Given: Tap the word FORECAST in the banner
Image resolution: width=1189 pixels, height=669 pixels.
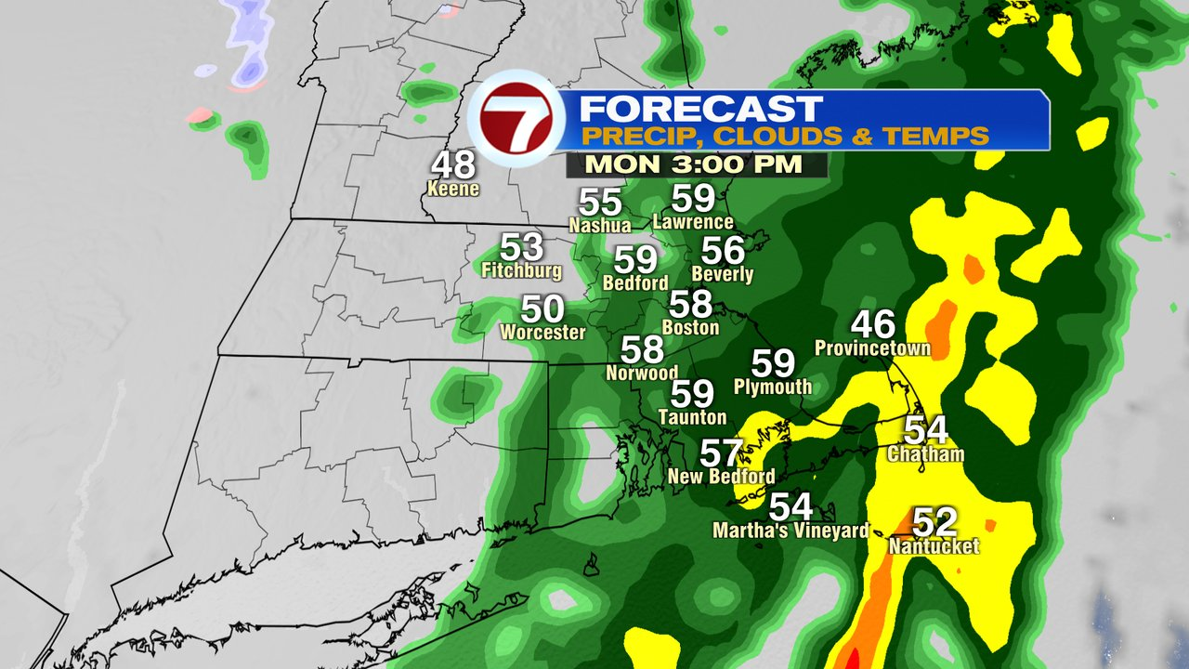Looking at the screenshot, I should (700, 108).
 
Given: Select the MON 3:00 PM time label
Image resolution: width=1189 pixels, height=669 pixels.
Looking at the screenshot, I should (695, 165).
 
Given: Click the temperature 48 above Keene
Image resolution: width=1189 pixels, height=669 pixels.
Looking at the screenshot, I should (453, 165).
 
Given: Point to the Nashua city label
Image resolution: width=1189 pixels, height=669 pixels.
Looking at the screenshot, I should (599, 225).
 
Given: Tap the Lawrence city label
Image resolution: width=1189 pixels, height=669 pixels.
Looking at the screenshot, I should (693, 222).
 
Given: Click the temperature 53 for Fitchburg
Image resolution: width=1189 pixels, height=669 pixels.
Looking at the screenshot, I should (521, 247).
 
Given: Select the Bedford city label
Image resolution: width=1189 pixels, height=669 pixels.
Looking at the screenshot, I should (635, 282).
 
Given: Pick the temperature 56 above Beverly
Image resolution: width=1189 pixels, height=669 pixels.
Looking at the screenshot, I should (724, 250).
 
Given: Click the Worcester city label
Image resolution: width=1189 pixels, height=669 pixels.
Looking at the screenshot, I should (542, 332).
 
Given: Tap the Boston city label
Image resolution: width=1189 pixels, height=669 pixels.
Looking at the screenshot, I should (690, 327).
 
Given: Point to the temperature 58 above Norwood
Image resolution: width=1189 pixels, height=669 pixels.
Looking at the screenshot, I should (642, 349).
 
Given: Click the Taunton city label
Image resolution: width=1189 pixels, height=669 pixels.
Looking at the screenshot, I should (692, 417).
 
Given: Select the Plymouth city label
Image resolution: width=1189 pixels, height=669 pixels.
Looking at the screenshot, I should (772, 387).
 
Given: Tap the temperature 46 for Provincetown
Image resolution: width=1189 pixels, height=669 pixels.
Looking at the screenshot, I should (873, 324).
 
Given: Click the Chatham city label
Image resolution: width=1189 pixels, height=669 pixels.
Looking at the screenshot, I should (925, 454).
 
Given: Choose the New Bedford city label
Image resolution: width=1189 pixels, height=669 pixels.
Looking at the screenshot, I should (721, 477).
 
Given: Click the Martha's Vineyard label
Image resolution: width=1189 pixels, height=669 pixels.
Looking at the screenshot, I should (790, 531).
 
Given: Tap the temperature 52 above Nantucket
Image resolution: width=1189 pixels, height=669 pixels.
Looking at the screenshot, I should (934, 522).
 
